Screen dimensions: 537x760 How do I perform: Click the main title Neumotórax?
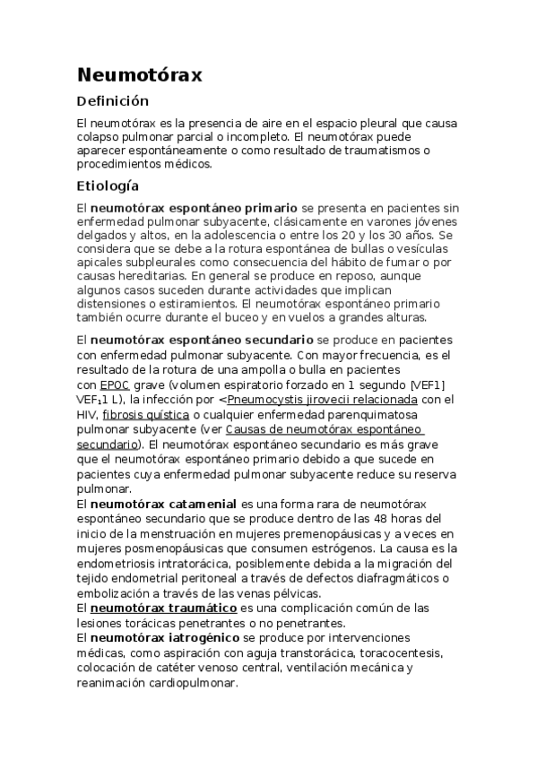point(139,74)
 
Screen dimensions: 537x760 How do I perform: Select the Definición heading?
point(112,101)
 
